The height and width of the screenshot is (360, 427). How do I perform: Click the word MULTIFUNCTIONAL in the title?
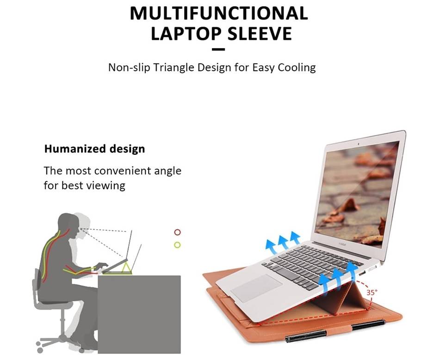coord(219,13)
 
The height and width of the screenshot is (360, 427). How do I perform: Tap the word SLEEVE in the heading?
coord(260,34)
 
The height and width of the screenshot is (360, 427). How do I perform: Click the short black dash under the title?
coord(218,49)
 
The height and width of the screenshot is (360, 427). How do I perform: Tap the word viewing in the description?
coord(107,186)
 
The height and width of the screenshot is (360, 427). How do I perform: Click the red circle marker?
coord(177,232)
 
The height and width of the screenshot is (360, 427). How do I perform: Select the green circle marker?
coord(177,245)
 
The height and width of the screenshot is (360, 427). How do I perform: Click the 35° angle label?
coord(372,293)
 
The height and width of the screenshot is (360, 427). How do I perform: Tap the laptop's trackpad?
coord(256,288)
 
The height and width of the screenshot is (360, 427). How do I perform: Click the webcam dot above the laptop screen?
coord(359,143)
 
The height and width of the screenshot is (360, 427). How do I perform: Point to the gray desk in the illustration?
coord(139,314)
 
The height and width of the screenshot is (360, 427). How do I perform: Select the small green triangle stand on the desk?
coord(127,267)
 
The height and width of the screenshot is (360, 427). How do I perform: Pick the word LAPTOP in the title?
coord(186,34)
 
